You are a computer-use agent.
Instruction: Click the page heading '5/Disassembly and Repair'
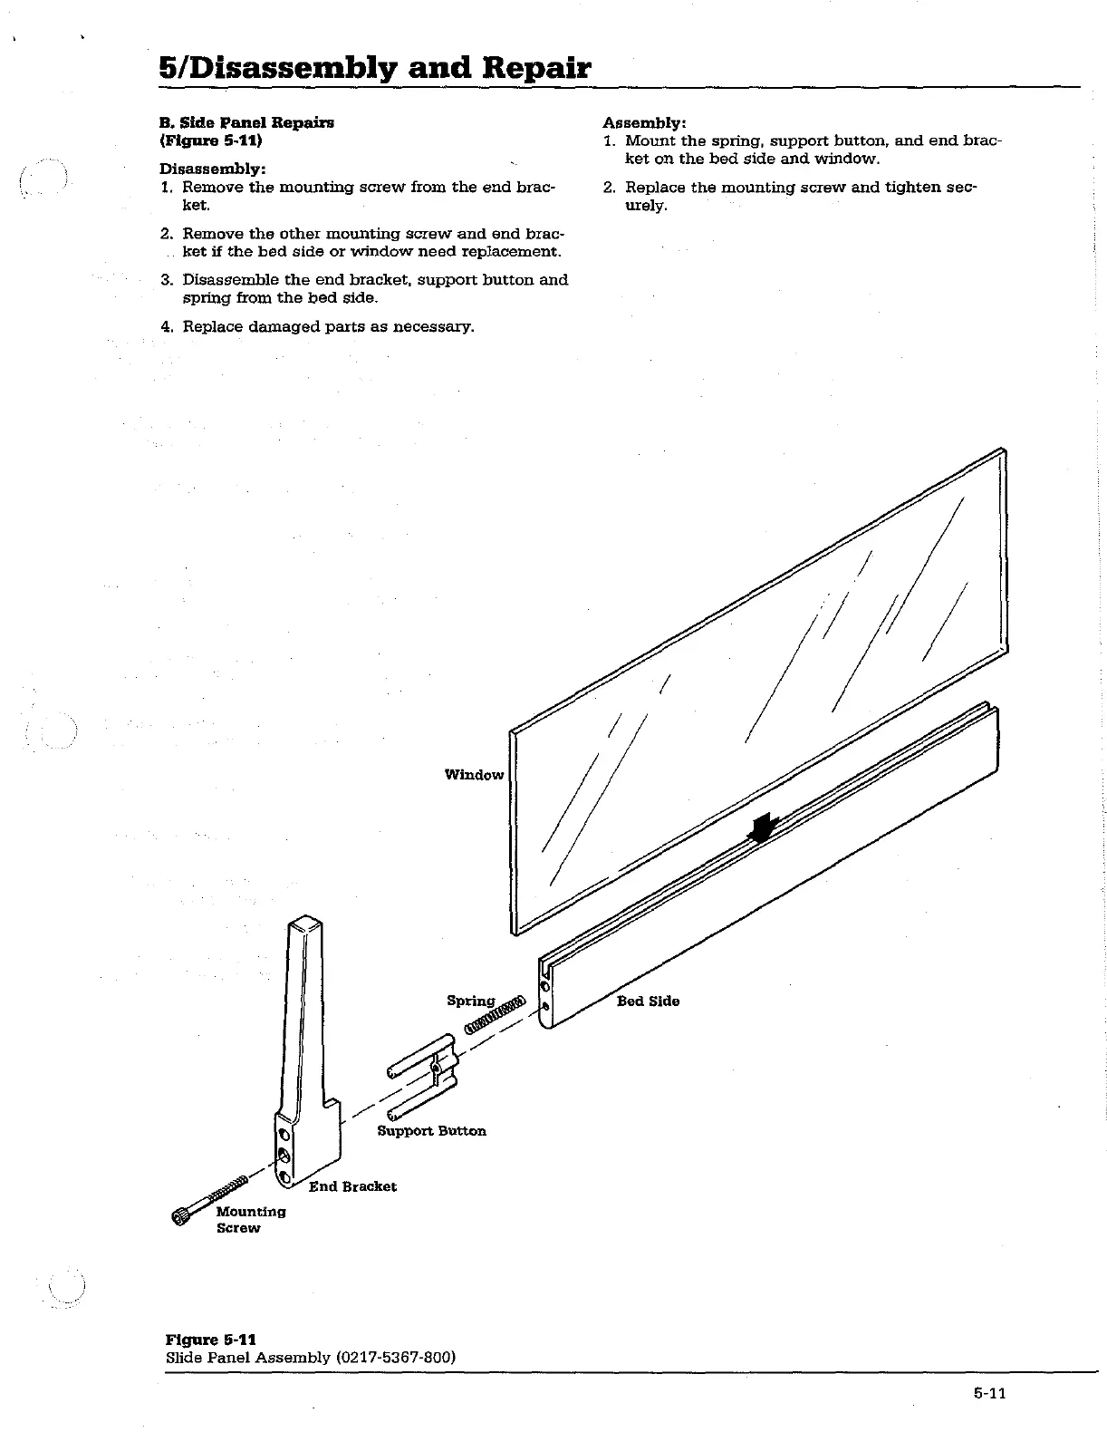coord(374,68)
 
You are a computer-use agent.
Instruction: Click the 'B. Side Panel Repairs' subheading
coord(246,122)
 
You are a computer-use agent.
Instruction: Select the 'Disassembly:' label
coord(212,169)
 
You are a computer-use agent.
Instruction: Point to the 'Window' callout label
coord(474,774)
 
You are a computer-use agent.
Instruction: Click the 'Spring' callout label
coord(470,1001)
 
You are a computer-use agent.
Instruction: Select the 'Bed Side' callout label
coord(648,1001)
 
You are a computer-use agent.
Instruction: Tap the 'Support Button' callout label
coord(431,1130)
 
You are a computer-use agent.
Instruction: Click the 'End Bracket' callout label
coord(352,1186)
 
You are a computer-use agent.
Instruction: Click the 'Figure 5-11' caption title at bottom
coord(210,1340)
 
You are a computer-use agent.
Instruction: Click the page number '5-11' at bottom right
coord(990,1394)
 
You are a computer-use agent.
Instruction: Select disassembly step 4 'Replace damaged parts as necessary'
coord(327,325)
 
